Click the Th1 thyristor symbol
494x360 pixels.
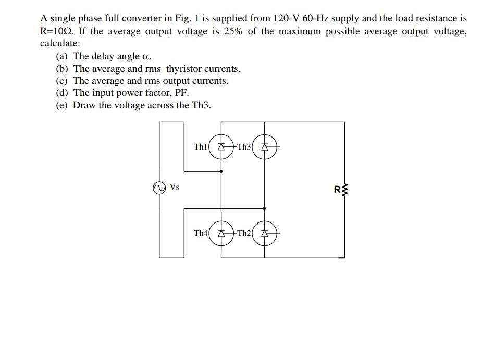tap(221, 147)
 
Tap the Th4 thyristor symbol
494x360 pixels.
tap(221, 233)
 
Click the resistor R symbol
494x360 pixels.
tap(342, 190)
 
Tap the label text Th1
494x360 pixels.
tap(200, 147)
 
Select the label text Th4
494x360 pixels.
tap(200, 233)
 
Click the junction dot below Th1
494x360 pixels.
tap(221, 171)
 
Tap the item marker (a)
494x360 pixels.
tap(63, 56)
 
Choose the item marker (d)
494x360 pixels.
tap(63, 93)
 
